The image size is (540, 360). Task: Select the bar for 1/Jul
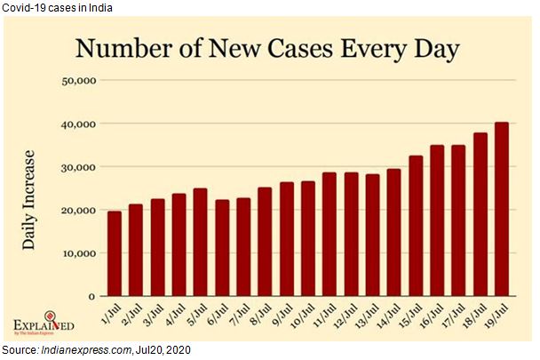click(115, 253)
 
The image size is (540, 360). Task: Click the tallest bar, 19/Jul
click(502, 209)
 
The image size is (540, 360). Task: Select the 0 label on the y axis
click(91, 296)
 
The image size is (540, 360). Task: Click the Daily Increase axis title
click(29, 197)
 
